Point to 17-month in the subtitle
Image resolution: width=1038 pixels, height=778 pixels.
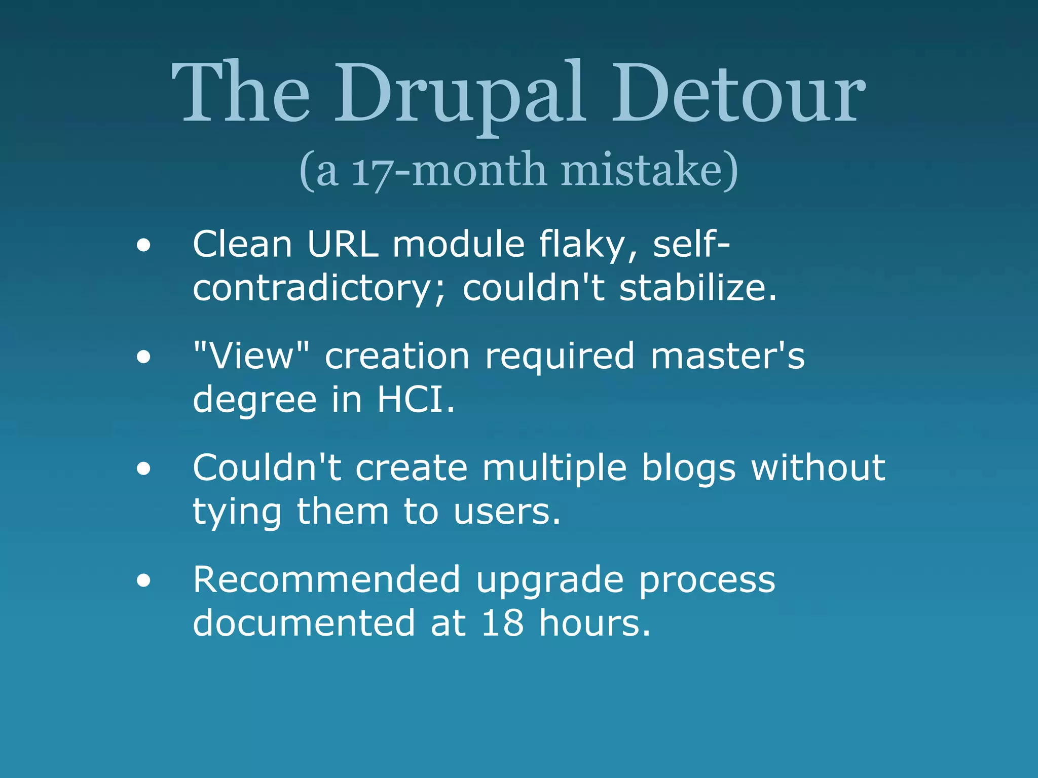coord(449,171)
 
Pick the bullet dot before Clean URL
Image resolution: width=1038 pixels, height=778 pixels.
coord(143,246)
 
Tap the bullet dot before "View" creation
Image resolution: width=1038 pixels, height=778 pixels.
coord(143,357)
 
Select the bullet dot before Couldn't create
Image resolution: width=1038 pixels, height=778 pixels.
coord(143,469)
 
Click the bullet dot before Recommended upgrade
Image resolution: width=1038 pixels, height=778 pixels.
coord(143,581)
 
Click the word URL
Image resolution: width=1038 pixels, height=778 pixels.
coord(343,245)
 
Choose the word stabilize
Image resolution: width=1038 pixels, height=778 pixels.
coord(697,288)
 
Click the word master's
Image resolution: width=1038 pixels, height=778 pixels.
coord(727,356)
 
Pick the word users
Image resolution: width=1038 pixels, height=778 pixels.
coord(506,512)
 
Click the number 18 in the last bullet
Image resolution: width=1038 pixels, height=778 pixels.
coord(502,623)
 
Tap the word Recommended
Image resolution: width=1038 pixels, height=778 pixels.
coord(326,579)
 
